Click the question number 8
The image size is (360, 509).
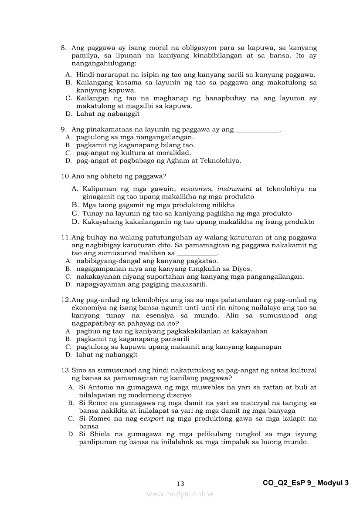tap(63, 48)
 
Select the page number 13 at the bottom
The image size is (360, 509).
tap(180, 483)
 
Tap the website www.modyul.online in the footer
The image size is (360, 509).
tap(180, 494)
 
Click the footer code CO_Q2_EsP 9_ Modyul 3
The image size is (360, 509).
tap(306, 482)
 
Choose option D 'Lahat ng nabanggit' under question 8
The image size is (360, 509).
tap(108, 114)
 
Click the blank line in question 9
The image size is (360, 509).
tap(257, 130)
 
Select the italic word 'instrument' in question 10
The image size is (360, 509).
tap(234, 189)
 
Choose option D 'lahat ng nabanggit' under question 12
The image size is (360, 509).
tap(107, 354)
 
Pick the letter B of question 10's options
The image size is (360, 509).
tap(75, 205)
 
